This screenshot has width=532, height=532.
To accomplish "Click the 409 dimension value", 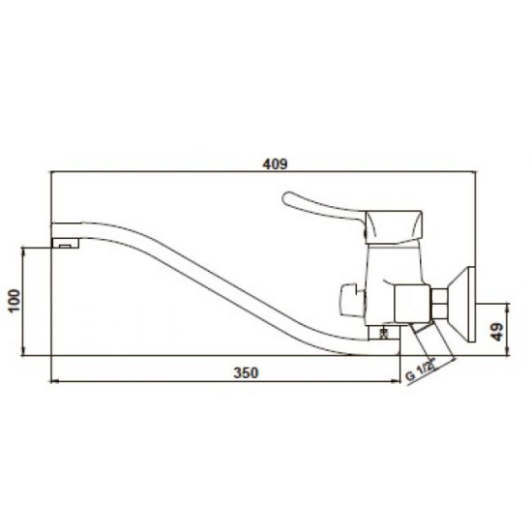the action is [275, 163].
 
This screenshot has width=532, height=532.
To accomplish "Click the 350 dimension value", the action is [246, 372].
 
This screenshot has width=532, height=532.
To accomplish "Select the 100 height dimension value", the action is [15, 301].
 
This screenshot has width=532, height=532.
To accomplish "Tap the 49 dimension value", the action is [498, 332].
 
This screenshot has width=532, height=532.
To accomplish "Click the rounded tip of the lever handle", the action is [286, 199].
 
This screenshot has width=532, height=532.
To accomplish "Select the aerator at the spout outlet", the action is [66, 243].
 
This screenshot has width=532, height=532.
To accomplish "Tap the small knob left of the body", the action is [352, 301].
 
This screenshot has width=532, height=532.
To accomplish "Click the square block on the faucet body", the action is [412, 303].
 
